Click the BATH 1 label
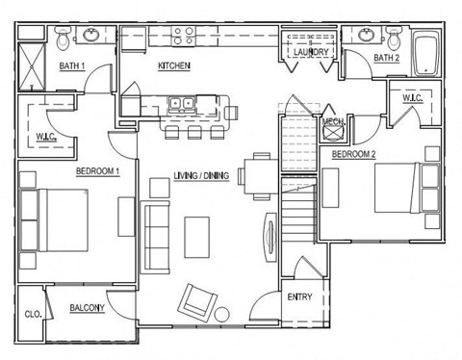point(73,66)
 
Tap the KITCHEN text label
point(174,66)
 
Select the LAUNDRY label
point(311,52)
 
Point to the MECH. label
point(334,122)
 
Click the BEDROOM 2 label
point(354,154)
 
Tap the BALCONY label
point(88,310)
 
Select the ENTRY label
point(298,296)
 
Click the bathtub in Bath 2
point(425,53)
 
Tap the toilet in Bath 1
point(63,39)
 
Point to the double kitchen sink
point(181,102)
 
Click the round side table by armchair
point(222,314)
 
